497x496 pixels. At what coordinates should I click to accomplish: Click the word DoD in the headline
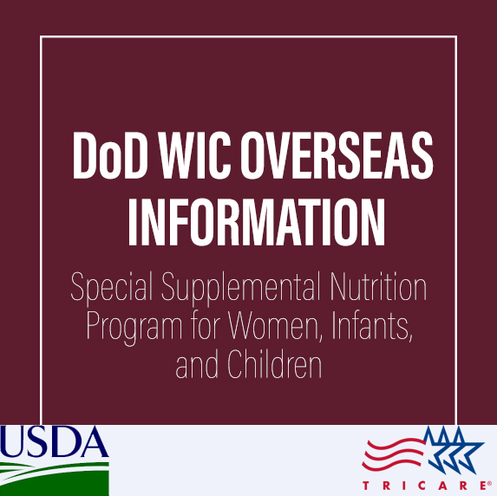click(111, 155)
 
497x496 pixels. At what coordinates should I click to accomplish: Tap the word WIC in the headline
click(194, 155)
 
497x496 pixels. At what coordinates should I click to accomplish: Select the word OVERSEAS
click(337, 155)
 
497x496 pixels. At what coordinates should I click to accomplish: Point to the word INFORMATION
click(257, 222)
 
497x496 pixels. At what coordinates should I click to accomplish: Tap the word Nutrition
click(378, 286)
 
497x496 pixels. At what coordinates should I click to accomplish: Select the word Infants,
click(372, 326)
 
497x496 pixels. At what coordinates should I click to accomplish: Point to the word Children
click(274, 364)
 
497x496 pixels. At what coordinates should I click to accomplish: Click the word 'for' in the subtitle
click(206, 326)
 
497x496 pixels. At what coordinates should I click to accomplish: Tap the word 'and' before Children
click(197, 364)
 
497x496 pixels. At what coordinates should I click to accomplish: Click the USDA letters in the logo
click(54, 441)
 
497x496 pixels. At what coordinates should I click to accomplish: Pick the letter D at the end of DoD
click(135, 155)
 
